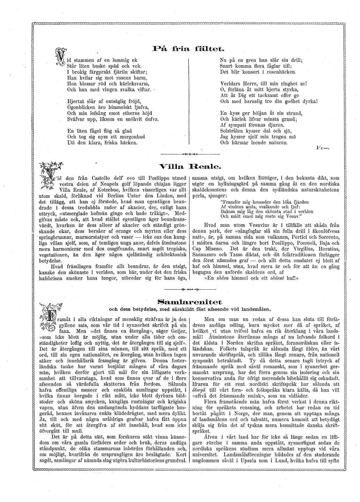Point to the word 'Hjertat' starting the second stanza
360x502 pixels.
[x=76, y=101]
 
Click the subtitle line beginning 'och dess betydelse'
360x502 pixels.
[x=190, y=309]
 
